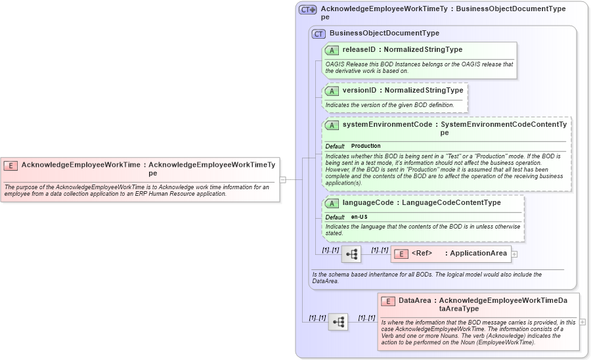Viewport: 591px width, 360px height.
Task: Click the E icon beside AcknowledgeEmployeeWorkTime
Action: [11, 166]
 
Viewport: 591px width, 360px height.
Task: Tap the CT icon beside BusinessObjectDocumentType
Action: [318, 34]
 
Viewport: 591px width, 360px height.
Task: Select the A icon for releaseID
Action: [332, 50]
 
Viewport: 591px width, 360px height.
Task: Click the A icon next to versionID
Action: [332, 91]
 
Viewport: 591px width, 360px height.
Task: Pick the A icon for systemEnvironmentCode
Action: [332, 125]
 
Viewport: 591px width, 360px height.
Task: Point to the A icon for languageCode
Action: [332, 203]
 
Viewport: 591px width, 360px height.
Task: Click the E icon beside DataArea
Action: [388, 302]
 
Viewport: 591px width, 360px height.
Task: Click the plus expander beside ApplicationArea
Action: [514, 254]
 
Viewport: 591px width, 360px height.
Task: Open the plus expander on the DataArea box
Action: [582, 322]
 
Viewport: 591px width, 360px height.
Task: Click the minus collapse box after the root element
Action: [282, 179]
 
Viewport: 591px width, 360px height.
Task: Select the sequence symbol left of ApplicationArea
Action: [351, 254]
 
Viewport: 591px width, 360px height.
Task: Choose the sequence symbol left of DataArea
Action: [338, 322]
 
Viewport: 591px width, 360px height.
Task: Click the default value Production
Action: [366, 146]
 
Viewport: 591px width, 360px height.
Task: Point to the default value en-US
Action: [359, 217]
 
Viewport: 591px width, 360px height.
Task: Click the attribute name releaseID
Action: [359, 49]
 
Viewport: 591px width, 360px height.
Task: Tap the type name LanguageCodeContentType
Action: [451, 203]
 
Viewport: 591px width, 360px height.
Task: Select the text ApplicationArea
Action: [478, 253]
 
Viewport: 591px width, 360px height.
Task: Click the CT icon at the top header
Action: [307, 10]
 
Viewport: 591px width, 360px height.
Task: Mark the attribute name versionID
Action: [359, 90]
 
